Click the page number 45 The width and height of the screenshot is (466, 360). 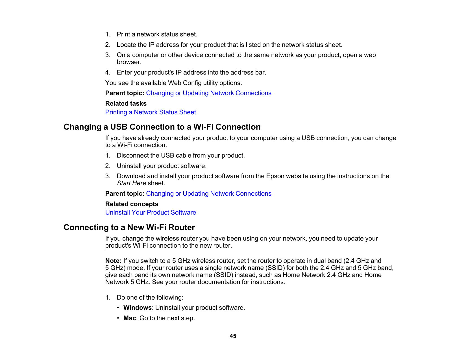coord(233,336)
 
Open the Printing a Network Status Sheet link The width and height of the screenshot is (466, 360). coord(151,112)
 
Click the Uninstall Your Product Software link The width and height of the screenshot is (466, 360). coord(151,213)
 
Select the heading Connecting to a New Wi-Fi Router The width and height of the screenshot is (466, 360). coord(129,228)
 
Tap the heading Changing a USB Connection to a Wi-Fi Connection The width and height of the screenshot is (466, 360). coord(162,127)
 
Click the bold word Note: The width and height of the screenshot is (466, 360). coord(113,261)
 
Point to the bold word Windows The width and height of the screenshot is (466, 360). coord(137,308)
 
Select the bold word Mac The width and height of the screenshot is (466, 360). coord(130,318)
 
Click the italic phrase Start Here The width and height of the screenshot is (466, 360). coord(131,183)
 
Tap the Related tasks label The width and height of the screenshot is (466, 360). coord(126,104)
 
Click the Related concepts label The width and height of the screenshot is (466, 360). coord(132,204)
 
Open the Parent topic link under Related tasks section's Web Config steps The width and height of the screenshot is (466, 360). coord(208,93)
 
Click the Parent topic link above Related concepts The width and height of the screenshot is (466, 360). coord(208,194)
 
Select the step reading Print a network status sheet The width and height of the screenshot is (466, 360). coord(157,34)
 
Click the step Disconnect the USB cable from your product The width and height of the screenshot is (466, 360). coord(180,156)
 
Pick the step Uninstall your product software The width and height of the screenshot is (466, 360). coord(162,166)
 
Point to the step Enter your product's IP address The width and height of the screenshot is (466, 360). coord(191,73)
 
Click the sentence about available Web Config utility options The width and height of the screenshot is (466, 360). coord(173,83)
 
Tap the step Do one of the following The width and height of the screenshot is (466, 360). coord(150,298)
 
